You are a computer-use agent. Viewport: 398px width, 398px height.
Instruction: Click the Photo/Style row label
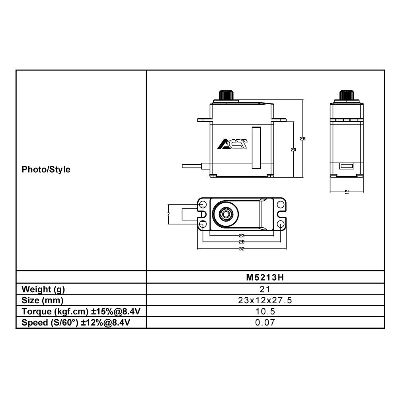pyautogui.click(x=46, y=170)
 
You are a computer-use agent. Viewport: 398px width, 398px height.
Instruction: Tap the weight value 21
pyautogui.click(x=265, y=289)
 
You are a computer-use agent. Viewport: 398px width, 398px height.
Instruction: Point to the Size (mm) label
pyautogui.click(x=42, y=300)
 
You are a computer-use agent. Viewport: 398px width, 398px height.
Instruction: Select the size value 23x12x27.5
pyautogui.click(x=265, y=300)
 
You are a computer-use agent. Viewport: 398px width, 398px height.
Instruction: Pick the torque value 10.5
pyautogui.click(x=265, y=312)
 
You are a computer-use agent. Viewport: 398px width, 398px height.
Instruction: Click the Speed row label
pyautogui.click(x=76, y=322)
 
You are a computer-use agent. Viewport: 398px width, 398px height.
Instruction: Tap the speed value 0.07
pyautogui.click(x=265, y=322)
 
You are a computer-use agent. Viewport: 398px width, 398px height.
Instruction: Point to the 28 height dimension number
pyautogui.click(x=303, y=139)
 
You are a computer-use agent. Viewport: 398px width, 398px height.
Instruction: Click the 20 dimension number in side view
pyautogui.click(x=294, y=150)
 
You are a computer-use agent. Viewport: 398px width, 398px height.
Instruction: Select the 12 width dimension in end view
pyautogui.click(x=347, y=192)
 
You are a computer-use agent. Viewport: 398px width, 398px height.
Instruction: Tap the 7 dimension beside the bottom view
pyautogui.click(x=169, y=214)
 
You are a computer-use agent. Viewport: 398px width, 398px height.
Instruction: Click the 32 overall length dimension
pyautogui.click(x=242, y=249)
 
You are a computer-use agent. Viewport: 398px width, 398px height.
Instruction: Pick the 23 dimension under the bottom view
pyautogui.click(x=242, y=236)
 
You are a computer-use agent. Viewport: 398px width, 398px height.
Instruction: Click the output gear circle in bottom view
pyautogui.click(x=226, y=215)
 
